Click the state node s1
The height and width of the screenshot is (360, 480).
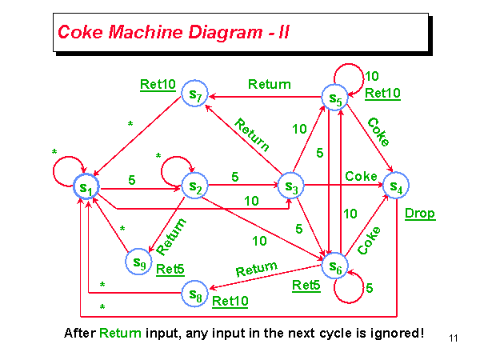86,187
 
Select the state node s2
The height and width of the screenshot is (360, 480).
194,187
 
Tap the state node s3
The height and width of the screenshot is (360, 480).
292,187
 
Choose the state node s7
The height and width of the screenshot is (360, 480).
194,94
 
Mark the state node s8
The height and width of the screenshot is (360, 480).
194,294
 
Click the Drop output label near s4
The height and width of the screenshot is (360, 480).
419,213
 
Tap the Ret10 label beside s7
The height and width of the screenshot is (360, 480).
158,85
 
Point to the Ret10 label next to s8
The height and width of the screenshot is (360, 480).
230,302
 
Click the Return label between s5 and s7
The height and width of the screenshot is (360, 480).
270,84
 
